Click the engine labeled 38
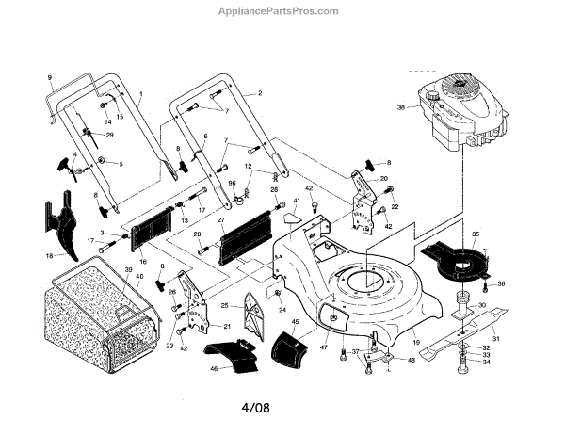[461, 118]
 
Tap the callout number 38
[400, 107]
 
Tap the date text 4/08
[282, 412]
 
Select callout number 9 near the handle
[50, 75]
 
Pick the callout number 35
[475, 234]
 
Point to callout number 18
[48, 255]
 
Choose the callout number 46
[214, 368]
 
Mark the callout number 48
[411, 359]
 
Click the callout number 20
[383, 179]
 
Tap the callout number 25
[224, 306]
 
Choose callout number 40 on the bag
[139, 277]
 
